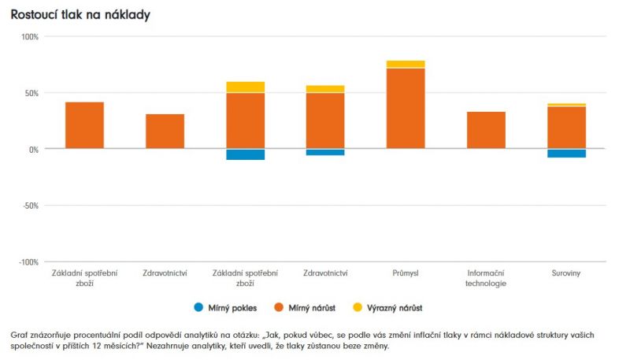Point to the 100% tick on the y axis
coord(29,37)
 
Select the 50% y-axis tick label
coord(31,93)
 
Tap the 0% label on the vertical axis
coord(33,149)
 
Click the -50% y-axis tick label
coord(30,206)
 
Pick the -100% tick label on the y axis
coord(28,262)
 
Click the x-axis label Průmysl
coord(406,273)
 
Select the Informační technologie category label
coord(486,278)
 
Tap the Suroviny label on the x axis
coord(566,273)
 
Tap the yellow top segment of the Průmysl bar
coord(406,64)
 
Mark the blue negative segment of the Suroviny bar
coord(566,153)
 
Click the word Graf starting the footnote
coord(19,335)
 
